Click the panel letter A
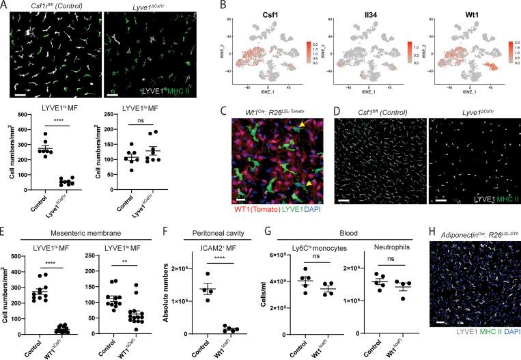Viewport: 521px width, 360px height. click(x=5, y=5)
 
